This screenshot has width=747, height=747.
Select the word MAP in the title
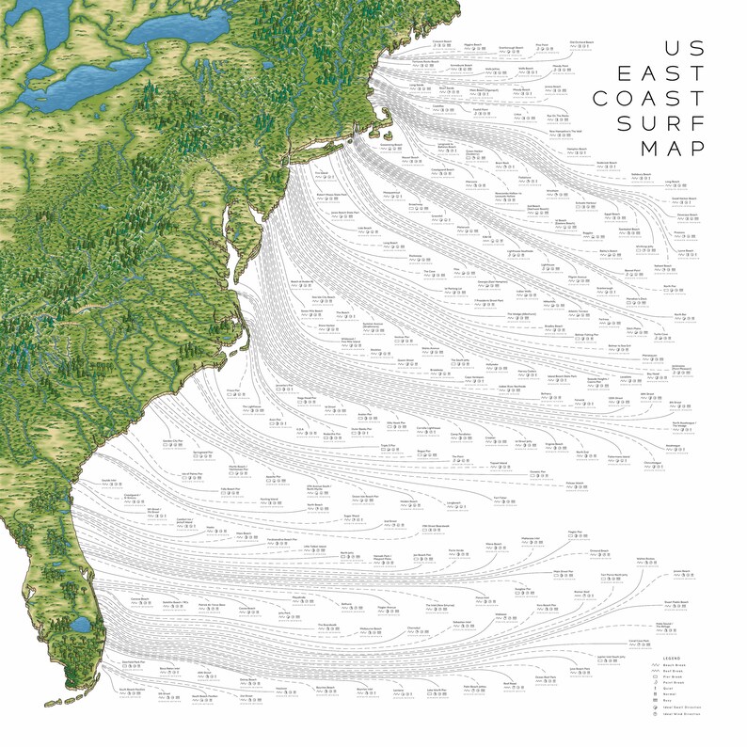672,148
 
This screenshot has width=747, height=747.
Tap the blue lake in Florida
81,625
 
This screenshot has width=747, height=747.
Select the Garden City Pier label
171,440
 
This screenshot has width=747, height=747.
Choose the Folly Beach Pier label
230,488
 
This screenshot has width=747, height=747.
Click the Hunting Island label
269,500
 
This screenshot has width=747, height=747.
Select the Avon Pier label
276,420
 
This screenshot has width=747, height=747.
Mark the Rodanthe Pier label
331,434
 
